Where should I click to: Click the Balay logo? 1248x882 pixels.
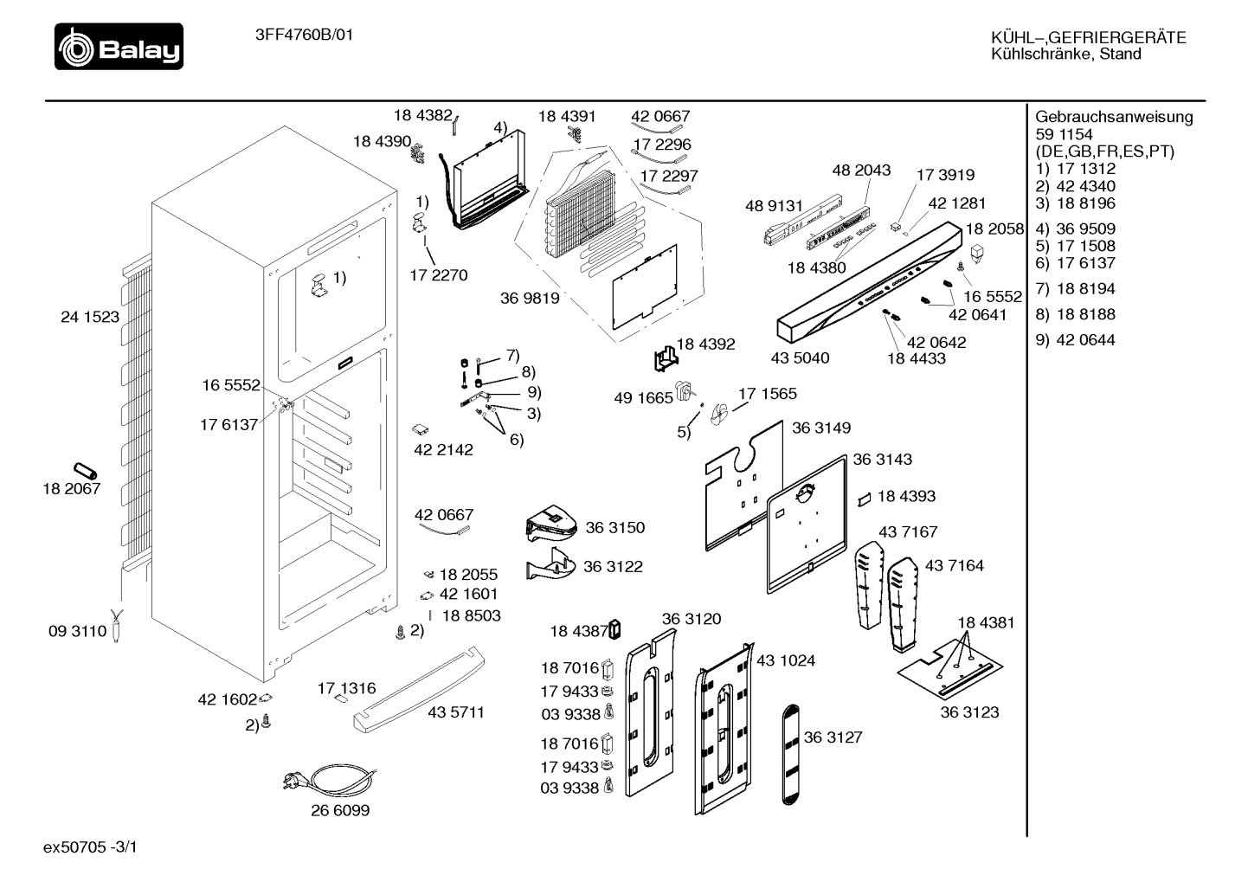click(x=119, y=46)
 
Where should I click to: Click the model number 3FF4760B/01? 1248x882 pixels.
click(x=304, y=35)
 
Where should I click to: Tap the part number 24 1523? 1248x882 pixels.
click(x=90, y=317)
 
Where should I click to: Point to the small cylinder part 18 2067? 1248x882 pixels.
click(x=86, y=471)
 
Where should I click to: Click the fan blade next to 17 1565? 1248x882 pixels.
click(x=719, y=414)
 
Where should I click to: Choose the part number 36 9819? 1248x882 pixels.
click(x=530, y=298)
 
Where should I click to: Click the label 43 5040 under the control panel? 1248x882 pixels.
click(x=800, y=357)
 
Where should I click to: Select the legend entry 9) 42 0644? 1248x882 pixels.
click(x=1075, y=340)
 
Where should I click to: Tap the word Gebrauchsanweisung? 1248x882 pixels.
click(x=1114, y=117)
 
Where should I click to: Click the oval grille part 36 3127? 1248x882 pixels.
click(x=790, y=755)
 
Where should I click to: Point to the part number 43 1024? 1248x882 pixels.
click(x=786, y=660)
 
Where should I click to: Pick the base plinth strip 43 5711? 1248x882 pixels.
click(x=419, y=690)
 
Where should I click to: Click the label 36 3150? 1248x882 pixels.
click(x=615, y=528)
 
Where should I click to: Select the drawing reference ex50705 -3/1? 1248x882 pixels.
click(x=90, y=847)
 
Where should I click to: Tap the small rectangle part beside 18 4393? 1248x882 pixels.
click(x=864, y=499)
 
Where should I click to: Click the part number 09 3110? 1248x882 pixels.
click(x=77, y=631)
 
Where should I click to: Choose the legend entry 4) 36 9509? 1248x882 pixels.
click(x=1075, y=229)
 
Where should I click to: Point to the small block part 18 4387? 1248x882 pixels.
click(x=614, y=629)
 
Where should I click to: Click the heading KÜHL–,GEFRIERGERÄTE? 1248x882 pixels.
click(x=1089, y=38)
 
